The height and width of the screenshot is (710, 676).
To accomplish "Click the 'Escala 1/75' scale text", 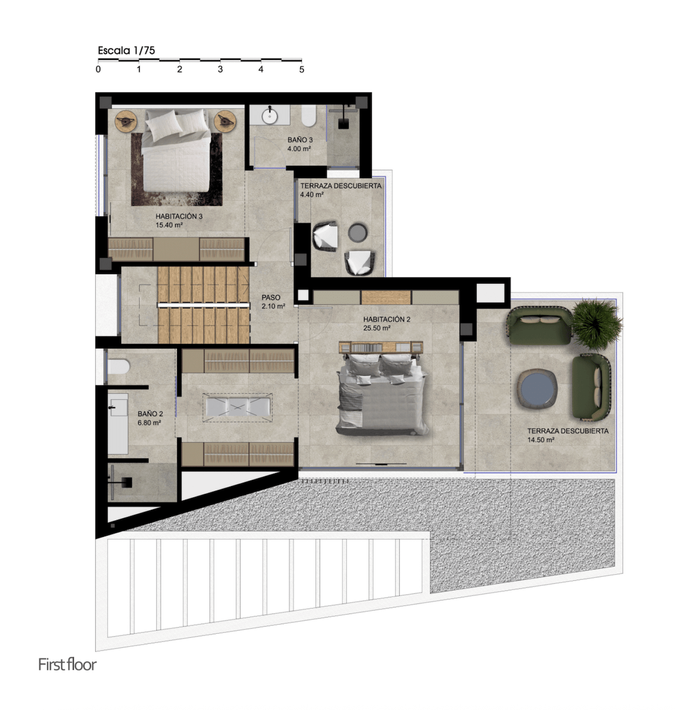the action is click(x=126, y=50).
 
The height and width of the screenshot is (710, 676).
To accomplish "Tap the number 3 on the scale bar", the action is click(x=220, y=69).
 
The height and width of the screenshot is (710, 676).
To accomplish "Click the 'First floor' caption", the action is click(x=68, y=664).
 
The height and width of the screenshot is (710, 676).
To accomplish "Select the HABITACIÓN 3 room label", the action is click(x=179, y=217).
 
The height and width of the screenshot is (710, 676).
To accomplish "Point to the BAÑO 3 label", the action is click(x=300, y=140).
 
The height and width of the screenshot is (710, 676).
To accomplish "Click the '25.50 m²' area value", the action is click(x=377, y=328).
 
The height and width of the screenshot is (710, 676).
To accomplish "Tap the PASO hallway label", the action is click(x=271, y=298).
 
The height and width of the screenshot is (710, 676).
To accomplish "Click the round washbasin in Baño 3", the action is click(x=270, y=116).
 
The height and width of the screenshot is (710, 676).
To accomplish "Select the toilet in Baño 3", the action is click(x=309, y=116).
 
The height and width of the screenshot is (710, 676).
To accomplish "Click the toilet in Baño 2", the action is click(x=118, y=367).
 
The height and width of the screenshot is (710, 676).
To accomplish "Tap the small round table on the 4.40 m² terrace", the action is click(x=358, y=232).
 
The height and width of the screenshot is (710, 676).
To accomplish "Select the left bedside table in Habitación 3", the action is click(x=126, y=121).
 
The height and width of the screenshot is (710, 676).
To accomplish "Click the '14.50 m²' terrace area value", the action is click(x=541, y=440).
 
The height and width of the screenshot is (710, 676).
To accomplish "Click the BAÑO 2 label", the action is click(x=150, y=414).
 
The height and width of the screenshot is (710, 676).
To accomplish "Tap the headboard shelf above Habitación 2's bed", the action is click(x=381, y=347).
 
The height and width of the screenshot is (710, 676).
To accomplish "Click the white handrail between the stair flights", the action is click(x=203, y=305).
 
